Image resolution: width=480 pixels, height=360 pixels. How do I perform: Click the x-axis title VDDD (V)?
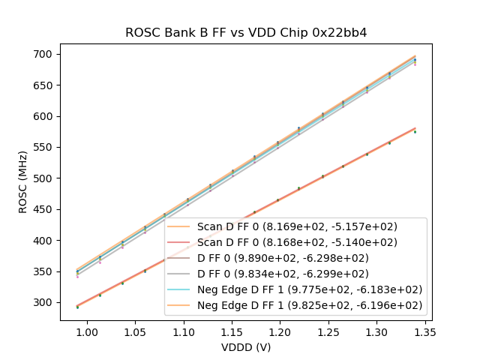(246, 347)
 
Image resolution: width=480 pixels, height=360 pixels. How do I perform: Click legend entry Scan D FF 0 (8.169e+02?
(296, 226)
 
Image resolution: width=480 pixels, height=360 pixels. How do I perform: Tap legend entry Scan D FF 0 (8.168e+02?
(296, 242)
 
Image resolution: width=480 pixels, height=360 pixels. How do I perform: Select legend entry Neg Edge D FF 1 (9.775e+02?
(309, 289)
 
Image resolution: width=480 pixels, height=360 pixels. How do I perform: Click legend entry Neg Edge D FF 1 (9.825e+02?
(309, 305)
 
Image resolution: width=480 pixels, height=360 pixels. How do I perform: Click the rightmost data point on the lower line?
(415, 131)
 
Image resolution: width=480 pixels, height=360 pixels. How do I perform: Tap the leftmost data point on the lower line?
(77, 307)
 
